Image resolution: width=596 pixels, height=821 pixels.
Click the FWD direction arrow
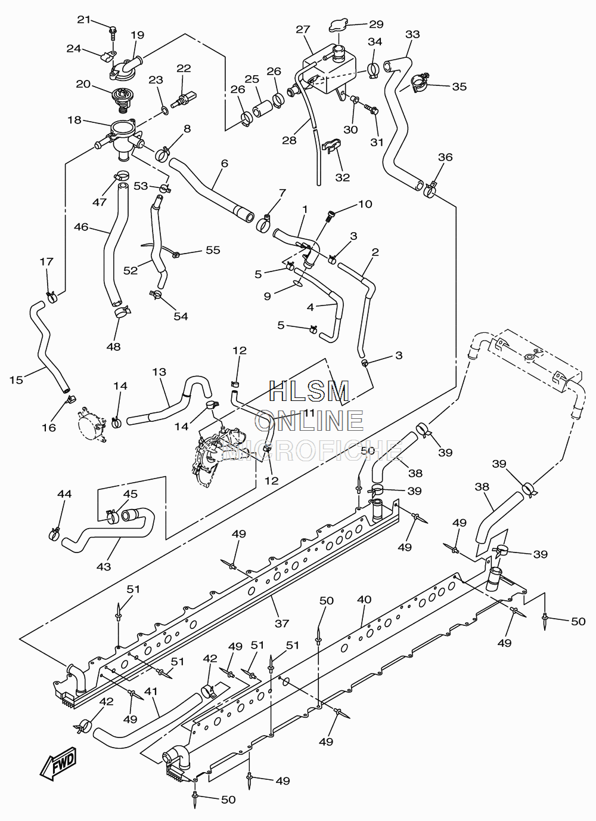coord(58,764)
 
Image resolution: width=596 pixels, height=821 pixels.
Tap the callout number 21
coord(83,20)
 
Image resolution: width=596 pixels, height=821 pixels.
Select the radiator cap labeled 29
coord(338,26)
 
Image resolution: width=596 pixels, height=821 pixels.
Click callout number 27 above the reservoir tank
coord(303,29)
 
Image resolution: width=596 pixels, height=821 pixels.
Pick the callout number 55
coord(213,250)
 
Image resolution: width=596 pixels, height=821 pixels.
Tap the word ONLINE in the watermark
coord(309,421)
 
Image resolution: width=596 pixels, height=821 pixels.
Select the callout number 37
coord(282,623)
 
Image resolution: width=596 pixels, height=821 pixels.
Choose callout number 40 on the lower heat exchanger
coord(364,600)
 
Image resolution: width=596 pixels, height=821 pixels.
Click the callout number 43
coord(104,567)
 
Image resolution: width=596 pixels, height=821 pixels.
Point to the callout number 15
coord(16,379)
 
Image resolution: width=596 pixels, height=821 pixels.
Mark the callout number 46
coord(81,227)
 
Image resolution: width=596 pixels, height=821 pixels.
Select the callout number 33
coord(412,34)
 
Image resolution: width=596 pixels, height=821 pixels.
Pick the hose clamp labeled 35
coord(419,83)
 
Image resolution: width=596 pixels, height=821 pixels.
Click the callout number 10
coord(365,204)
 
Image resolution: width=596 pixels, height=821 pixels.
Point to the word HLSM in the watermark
coord(309,391)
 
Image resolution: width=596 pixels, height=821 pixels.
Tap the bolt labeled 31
coord(371,109)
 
